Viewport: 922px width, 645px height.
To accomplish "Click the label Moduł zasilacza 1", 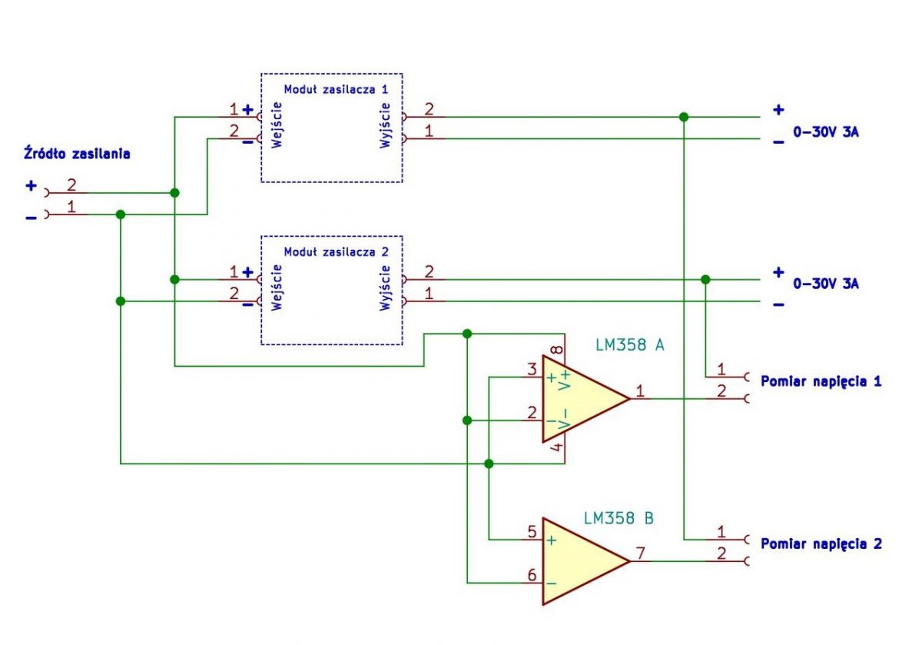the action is coord(336,89).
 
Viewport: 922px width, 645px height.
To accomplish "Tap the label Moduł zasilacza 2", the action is coord(336,251).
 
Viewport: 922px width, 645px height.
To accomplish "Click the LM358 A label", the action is coord(630,345).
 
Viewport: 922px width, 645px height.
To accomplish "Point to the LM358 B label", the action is coord(619,518).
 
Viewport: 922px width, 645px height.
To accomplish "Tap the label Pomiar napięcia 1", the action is coord(821,382).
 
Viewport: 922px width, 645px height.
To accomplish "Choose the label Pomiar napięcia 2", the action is coord(821,544).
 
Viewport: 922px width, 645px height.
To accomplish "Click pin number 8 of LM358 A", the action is coord(556,350).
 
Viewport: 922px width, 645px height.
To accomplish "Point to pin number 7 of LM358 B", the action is coord(641,553).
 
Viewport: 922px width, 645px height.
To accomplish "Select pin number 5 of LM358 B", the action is coord(532,532).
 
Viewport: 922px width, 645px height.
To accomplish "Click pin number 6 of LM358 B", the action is coord(532,575).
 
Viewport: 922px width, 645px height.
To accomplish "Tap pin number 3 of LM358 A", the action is coord(532,370).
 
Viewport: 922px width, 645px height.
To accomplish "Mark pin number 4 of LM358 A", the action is coord(556,447).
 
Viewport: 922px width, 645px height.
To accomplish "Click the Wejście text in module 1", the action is coord(277,125).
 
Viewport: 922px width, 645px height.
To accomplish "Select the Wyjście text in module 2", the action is coord(385,288).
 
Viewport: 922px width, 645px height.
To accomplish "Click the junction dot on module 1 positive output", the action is coord(684,117).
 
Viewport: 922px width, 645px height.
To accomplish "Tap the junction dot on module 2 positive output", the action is coord(705,280).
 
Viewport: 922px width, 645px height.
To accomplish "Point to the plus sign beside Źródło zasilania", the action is coord(31,186).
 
